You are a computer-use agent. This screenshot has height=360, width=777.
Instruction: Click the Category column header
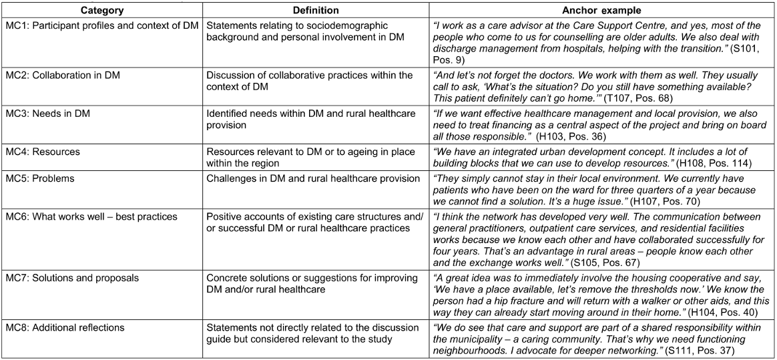tap(101, 11)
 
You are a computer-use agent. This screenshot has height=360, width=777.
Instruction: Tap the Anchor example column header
tap(602, 11)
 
